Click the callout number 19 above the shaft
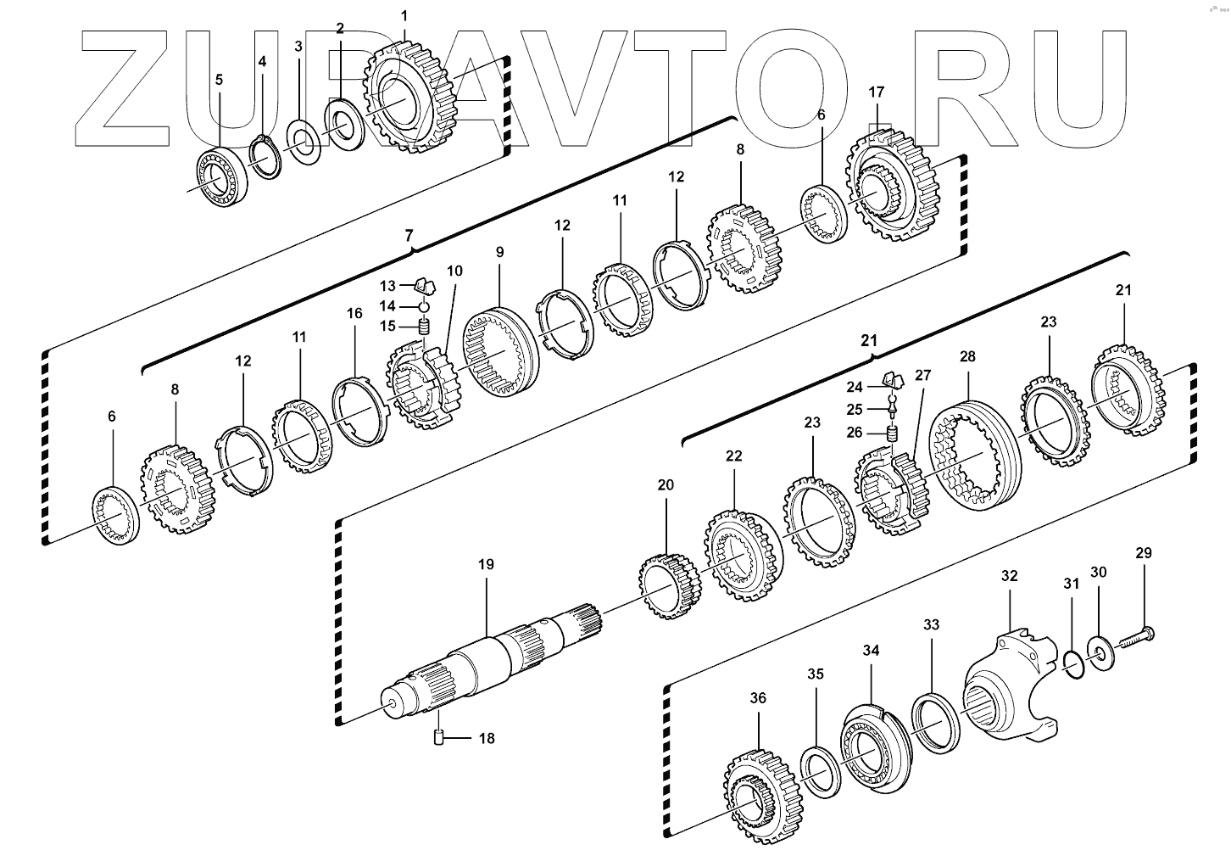[486, 564]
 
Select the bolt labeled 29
[1133, 637]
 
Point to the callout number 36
[758, 697]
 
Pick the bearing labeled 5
[221, 175]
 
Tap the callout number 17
[877, 92]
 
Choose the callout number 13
[387, 285]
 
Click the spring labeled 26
[892, 434]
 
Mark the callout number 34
[872, 651]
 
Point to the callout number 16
[354, 313]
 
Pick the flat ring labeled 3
[303, 143]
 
